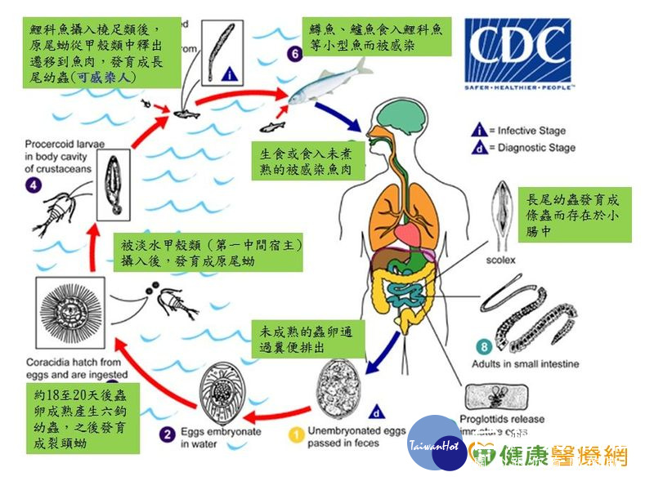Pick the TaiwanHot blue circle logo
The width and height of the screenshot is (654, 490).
click(x=433, y=444)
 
